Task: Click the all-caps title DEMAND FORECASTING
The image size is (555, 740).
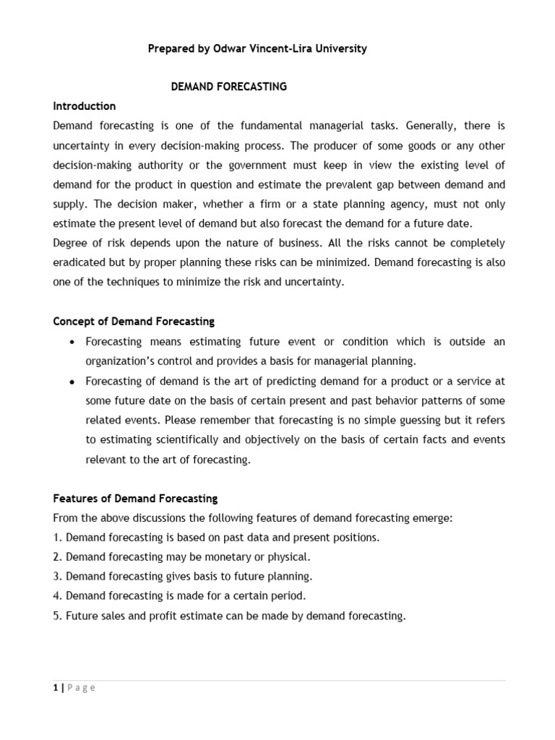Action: tap(228, 87)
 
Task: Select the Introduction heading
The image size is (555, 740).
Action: tap(85, 106)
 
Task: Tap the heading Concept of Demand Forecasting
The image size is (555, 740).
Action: tap(134, 321)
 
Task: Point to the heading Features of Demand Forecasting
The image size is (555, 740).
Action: tap(135, 499)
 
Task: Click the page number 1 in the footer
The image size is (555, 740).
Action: tap(56, 688)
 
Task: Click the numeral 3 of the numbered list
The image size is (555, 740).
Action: tap(56, 577)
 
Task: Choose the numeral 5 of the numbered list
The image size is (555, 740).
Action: tap(56, 616)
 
